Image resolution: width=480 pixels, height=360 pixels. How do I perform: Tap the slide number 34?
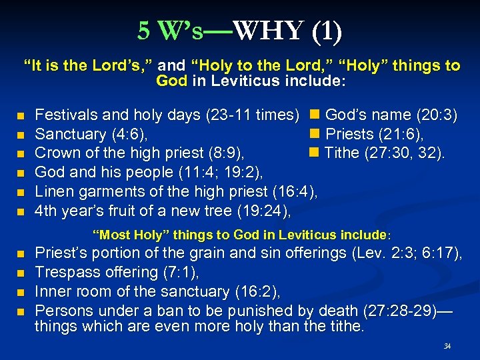click(447, 346)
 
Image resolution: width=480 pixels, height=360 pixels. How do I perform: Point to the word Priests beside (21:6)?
click(350, 134)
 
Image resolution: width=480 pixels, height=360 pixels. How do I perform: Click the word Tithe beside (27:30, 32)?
click(343, 153)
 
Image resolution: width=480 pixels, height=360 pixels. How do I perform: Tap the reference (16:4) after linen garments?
click(294, 191)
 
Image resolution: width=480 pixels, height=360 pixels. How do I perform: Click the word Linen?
click(53, 191)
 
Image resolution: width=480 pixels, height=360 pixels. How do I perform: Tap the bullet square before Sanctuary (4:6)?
click(22, 135)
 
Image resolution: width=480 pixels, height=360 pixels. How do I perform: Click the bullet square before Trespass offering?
click(22, 273)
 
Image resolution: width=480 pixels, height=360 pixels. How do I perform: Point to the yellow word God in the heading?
click(171, 81)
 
